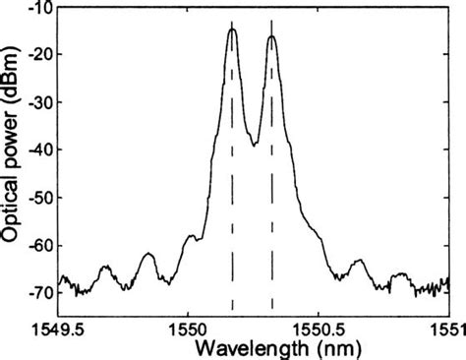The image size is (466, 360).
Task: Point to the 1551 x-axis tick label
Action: click(x=447, y=326)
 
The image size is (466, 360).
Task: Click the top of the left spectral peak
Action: click(x=232, y=30)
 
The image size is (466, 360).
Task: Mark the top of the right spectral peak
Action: click(x=271, y=36)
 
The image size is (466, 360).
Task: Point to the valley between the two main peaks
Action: click(x=254, y=145)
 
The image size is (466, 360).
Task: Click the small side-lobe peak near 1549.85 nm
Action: click(x=148, y=254)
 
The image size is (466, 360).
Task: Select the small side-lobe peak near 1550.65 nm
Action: click(x=359, y=260)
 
